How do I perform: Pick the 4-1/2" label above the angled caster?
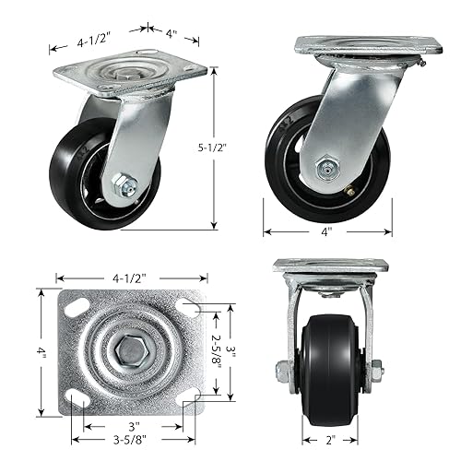[x=93, y=39]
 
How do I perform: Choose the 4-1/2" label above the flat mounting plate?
[x=128, y=275]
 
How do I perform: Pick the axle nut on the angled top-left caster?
[x=122, y=185]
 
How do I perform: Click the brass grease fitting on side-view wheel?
[x=349, y=191]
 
